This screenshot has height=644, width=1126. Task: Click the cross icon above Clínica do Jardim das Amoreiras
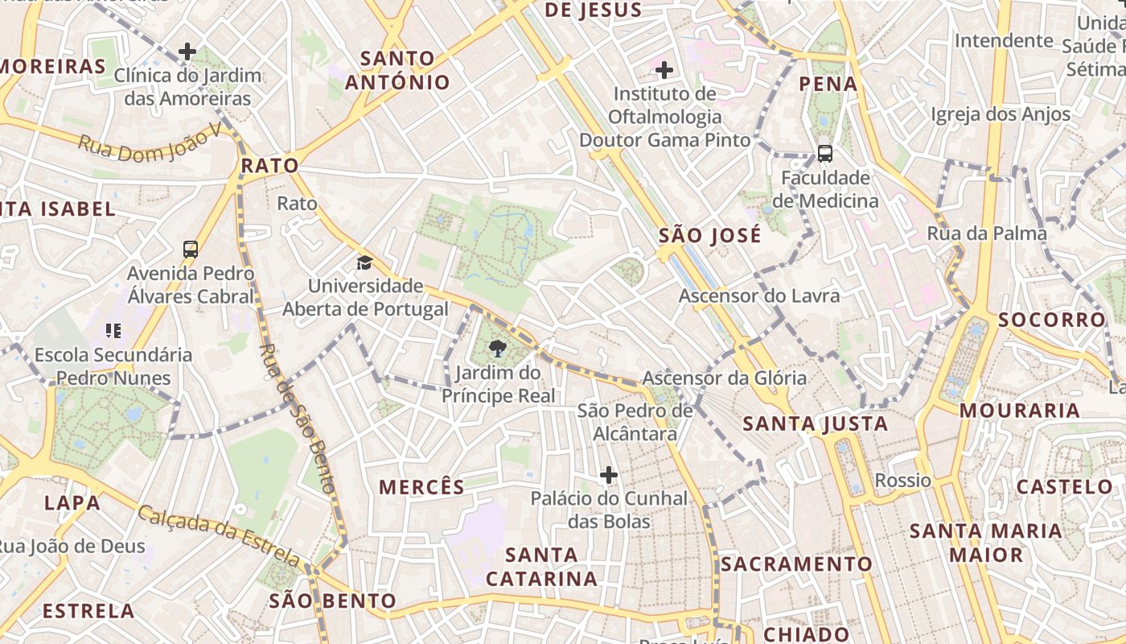(187, 52)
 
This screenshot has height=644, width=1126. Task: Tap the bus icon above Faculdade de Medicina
(824, 153)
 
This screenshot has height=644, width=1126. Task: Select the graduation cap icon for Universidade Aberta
(365, 262)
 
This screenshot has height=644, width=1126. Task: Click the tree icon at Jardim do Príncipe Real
(498, 349)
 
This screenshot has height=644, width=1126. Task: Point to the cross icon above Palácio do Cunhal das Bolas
(609, 475)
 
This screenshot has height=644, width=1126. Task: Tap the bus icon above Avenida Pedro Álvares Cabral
(191, 250)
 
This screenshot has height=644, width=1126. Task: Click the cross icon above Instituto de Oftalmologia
(664, 70)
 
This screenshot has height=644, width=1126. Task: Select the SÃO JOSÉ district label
(709, 236)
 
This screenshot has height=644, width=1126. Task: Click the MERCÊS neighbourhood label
(421, 487)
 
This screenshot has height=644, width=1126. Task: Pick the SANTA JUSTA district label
(815, 423)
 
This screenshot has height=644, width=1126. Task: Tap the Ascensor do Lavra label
(759, 295)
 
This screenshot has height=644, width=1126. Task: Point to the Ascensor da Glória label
(724, 378)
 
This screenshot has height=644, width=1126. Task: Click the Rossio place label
(902, 481)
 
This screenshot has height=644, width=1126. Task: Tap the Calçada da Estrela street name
(219, 534)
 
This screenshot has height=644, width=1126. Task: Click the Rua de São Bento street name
(298, 418)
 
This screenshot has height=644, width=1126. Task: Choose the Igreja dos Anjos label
(1001, 114)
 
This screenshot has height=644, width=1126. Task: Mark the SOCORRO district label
(1052, 320)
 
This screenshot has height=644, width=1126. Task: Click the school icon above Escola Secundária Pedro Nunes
(113, 330)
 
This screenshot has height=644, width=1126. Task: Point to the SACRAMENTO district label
(796, 563)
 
